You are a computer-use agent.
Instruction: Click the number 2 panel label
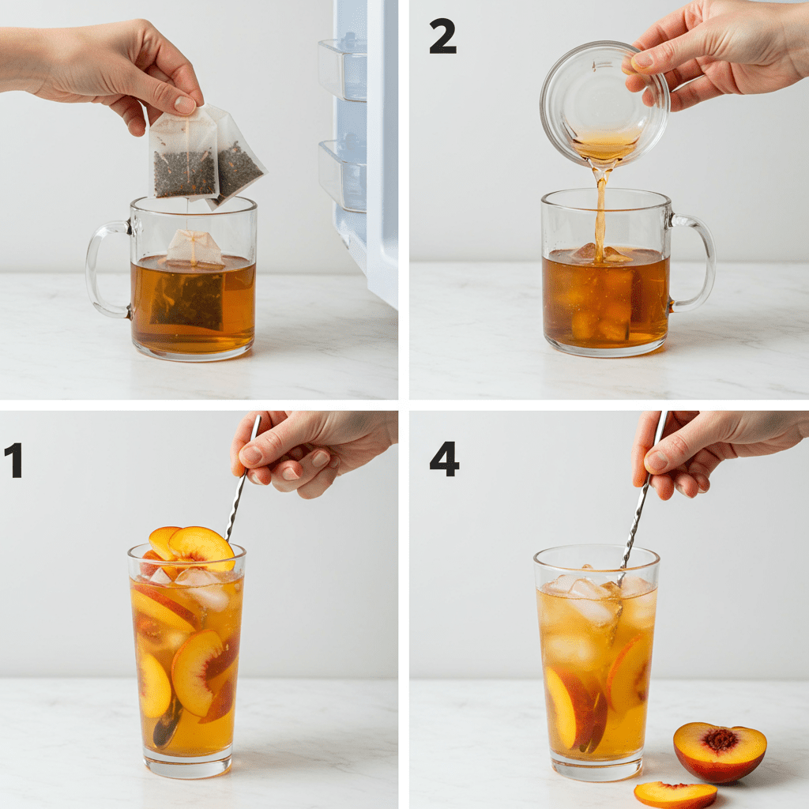point(442,36)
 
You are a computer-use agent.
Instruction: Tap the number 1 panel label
point(13,461)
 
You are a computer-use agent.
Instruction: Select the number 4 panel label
point(444,459)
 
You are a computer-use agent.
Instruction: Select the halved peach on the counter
point(719,751)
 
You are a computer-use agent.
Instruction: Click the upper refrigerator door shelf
point(342,70)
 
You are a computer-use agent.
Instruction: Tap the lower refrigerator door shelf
point(342,175)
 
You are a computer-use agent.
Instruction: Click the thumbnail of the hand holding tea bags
point(185,104)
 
